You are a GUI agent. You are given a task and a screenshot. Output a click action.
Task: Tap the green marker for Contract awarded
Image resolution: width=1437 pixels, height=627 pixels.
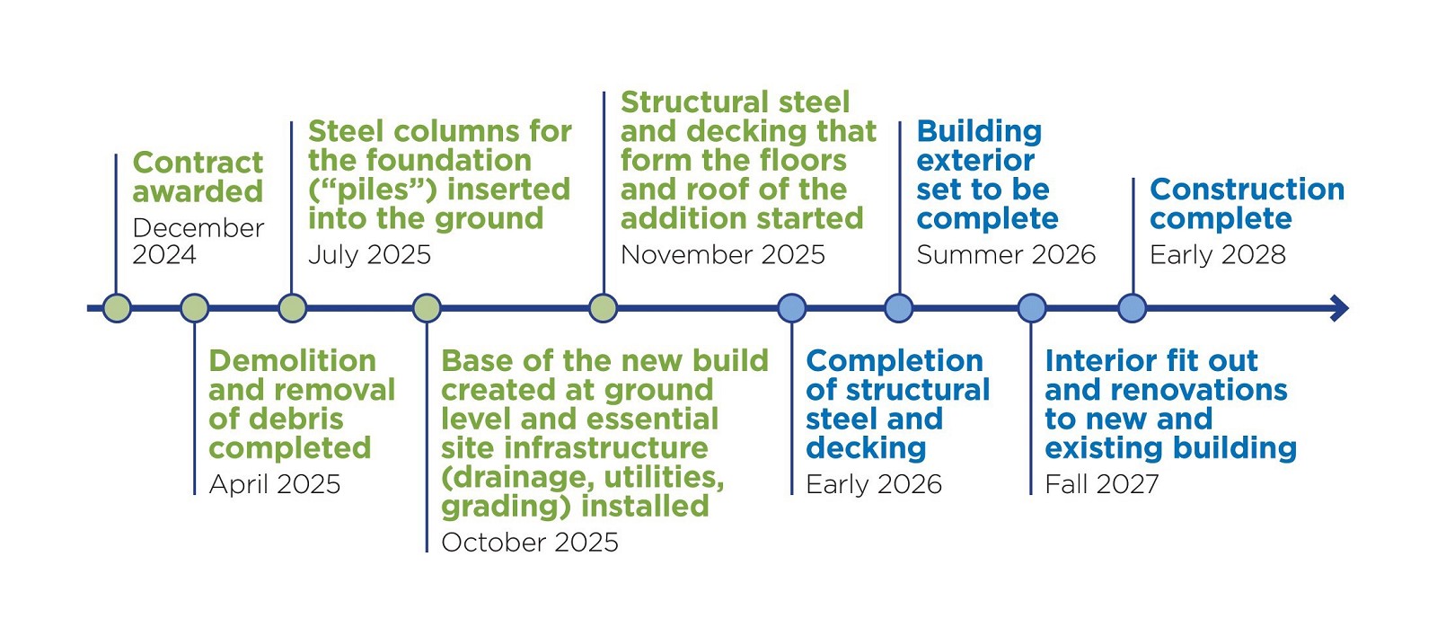coord(117,308)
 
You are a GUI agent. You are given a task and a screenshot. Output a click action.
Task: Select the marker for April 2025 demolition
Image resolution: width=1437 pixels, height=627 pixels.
coord(194,308)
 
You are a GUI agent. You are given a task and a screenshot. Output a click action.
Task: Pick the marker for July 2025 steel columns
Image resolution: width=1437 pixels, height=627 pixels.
coord(292,308)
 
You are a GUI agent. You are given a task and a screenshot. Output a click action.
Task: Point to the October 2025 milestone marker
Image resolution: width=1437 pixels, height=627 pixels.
coord(427,308)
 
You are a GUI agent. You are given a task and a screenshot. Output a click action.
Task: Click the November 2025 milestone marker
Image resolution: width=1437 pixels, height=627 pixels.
coord(603,308)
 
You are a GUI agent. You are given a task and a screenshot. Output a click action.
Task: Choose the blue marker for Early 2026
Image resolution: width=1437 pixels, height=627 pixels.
coord(791,308)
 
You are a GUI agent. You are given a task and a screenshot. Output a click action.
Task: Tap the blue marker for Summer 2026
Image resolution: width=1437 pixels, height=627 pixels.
coord(899,308)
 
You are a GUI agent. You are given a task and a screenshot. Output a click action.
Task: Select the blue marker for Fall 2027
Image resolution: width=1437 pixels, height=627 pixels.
coord(1032,308)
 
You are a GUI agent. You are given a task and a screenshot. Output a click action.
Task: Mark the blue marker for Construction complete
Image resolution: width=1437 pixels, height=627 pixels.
coord(1133,308)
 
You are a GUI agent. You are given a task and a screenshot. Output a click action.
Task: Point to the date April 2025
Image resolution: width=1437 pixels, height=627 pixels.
coord(275,484)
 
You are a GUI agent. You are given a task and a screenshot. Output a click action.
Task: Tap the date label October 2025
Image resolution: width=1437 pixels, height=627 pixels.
coord(530,543)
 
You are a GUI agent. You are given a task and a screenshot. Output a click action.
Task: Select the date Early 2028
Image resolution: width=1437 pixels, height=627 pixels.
coord(1218,255)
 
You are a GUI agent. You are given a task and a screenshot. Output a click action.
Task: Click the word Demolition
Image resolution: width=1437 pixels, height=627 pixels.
coord(293,361)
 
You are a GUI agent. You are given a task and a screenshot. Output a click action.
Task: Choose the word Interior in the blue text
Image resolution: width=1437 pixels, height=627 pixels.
coord(1099,361)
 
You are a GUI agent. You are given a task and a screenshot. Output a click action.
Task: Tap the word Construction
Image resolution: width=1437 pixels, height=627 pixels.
coord(1247,190)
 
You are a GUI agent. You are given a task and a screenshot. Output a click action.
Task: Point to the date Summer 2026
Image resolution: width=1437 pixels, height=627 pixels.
coord(1006,255)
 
